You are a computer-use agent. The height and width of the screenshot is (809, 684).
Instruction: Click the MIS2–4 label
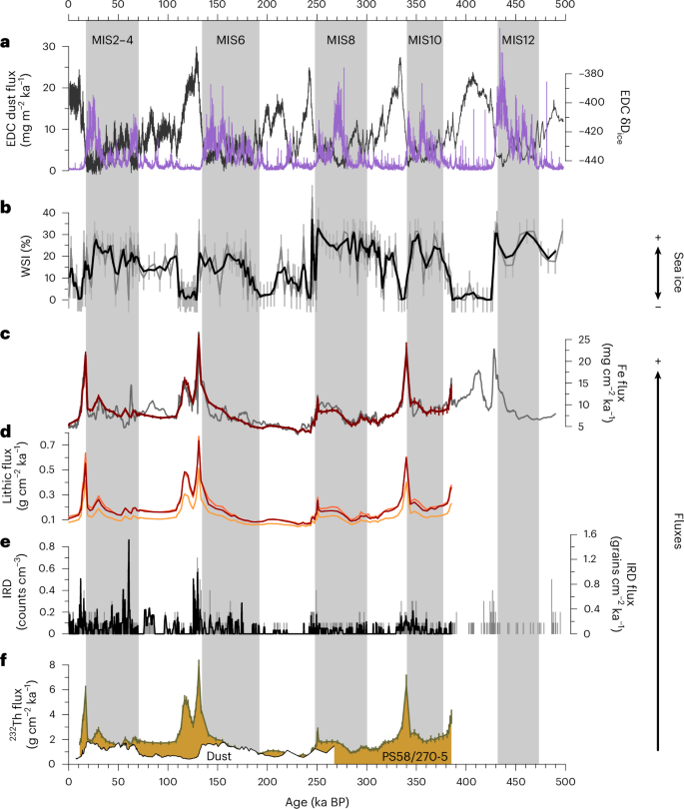(x=112, y=39)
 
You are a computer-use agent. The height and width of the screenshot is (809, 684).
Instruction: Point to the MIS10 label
(x=425, y=39)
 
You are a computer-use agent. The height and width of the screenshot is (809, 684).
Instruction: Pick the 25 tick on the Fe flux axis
(x=591, y=341)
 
